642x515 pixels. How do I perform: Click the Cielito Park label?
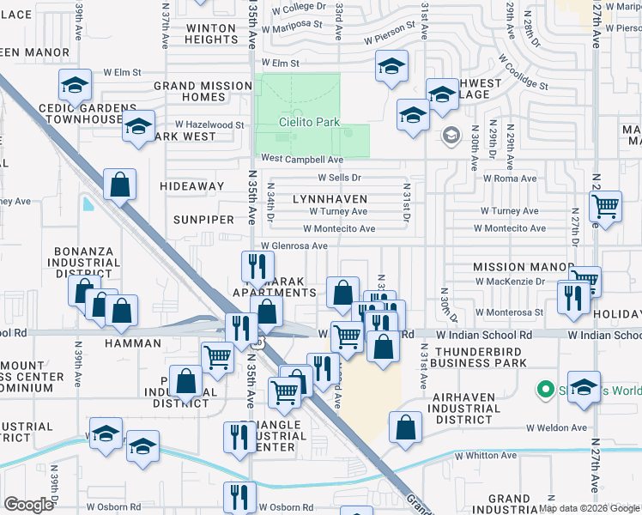(x=310, y=123)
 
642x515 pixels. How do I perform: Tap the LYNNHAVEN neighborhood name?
(x=330, y=199)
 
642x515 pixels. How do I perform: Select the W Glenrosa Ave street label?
(x=294, y=245)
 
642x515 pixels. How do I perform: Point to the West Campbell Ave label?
(x=302, y=160)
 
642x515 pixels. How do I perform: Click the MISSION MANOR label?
(x=523, y=268)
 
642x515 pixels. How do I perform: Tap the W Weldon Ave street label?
(x=557, y=427)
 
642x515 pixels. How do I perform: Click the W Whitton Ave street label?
(x=488, y=456)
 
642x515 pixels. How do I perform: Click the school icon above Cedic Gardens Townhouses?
(x=75, y=85)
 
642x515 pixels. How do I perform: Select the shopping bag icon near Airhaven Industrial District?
(x=406, y=426)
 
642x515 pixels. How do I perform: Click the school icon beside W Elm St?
(x=391, y=66)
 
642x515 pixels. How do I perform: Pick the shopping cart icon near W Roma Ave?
(x=606, y=205)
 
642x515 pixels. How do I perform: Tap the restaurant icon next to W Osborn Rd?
(x=240, y=496)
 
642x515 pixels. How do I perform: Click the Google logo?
(x=28, y=505)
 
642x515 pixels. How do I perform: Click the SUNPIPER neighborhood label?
(x=203, y=220)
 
